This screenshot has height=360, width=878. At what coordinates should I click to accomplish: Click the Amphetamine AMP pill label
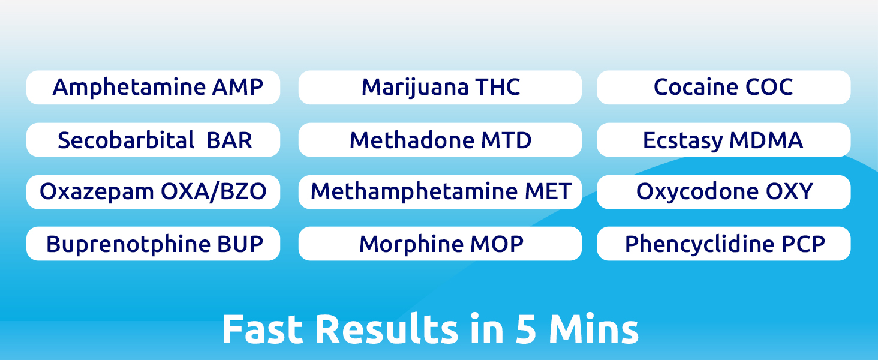pos(153,88)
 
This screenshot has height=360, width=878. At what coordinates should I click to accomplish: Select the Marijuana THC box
pos(440,88)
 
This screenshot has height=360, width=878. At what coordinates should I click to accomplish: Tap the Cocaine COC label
pos(723,88)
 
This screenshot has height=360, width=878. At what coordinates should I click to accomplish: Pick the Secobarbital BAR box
pos(153,140)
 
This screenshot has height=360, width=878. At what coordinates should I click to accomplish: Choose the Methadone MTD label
pos(440,140)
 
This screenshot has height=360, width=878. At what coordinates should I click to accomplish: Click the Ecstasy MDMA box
pos(723,140)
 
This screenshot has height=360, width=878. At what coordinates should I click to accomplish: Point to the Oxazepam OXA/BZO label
pos(153,192)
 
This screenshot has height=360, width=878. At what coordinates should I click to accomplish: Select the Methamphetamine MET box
pos(440,192)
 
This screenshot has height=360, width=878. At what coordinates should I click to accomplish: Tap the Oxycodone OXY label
pos(723,192)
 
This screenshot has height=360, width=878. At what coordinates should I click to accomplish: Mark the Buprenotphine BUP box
pos(153,244)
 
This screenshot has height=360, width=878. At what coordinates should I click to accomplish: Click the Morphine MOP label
pos(440,244)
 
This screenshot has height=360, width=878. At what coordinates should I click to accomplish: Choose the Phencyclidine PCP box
pos(723,244)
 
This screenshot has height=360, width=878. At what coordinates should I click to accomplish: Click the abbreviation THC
pos(497,88)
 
